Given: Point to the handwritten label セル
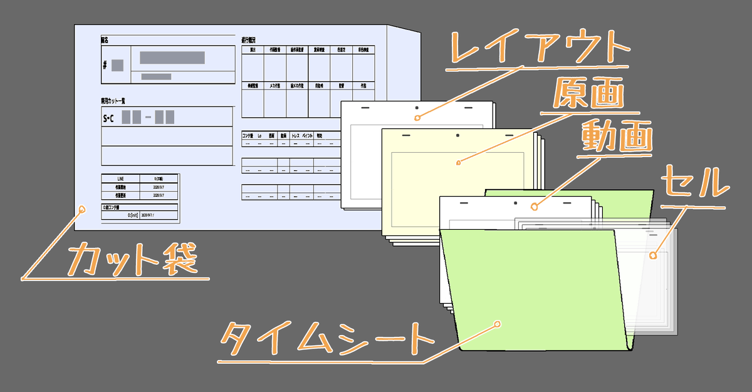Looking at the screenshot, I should (x=695, y=182).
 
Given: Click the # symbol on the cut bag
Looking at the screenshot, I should (x=105, y=64).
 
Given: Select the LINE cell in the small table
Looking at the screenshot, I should (x=120, y=179).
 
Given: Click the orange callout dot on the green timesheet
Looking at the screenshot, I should (x=497, y=324).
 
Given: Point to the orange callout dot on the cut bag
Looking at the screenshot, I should (x=81, y=210).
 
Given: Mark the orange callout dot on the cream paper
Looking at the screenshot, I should (x=458, y=163).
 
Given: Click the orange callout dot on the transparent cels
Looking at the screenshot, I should (x=652, y=255).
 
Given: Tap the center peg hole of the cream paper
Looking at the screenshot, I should (x=457, y=135).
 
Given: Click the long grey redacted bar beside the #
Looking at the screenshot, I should (x=172, y=58).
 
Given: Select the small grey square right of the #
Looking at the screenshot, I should (x=118, y=64).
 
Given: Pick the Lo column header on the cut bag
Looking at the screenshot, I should (x=259, y=135).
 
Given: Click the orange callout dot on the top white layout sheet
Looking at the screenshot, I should (x=417, y=116).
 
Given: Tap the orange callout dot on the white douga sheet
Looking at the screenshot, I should (x=534, y=205).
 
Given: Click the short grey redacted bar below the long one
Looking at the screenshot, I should (x=156, y=76).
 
